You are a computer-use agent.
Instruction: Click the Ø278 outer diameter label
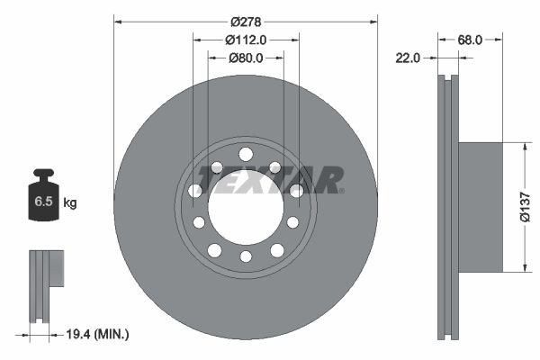tap(246, 21)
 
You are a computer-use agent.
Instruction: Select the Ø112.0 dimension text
tap(246, 40)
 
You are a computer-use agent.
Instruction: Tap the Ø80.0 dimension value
tap(246, 58)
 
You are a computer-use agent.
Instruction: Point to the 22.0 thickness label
tap(409, 58)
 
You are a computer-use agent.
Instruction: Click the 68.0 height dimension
tap(472, 40)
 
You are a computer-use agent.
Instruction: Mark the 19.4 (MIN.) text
tap(98, 334)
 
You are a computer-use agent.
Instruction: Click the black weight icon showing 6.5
tap(43, 198)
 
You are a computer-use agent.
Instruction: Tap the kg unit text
tap(70, 203)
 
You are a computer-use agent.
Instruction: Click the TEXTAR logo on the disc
tap(271, 180)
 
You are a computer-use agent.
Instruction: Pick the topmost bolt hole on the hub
tap(246, 153)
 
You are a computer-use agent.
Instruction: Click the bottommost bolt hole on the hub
tap(246, 257)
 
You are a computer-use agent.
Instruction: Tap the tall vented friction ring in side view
tap(448, 206)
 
